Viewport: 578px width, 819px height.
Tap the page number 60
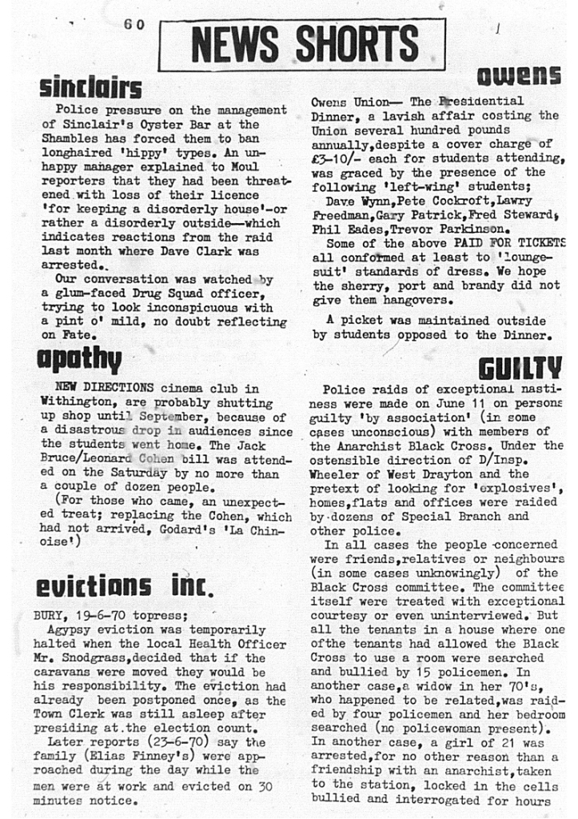pos(134,25)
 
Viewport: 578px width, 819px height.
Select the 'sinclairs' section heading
pos(90,86)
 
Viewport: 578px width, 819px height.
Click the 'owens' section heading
pos(519,75)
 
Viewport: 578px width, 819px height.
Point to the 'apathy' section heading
pos(79,359)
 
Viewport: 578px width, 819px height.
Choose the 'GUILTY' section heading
pos(520,368)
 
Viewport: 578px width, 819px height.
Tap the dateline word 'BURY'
pos(49,615)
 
